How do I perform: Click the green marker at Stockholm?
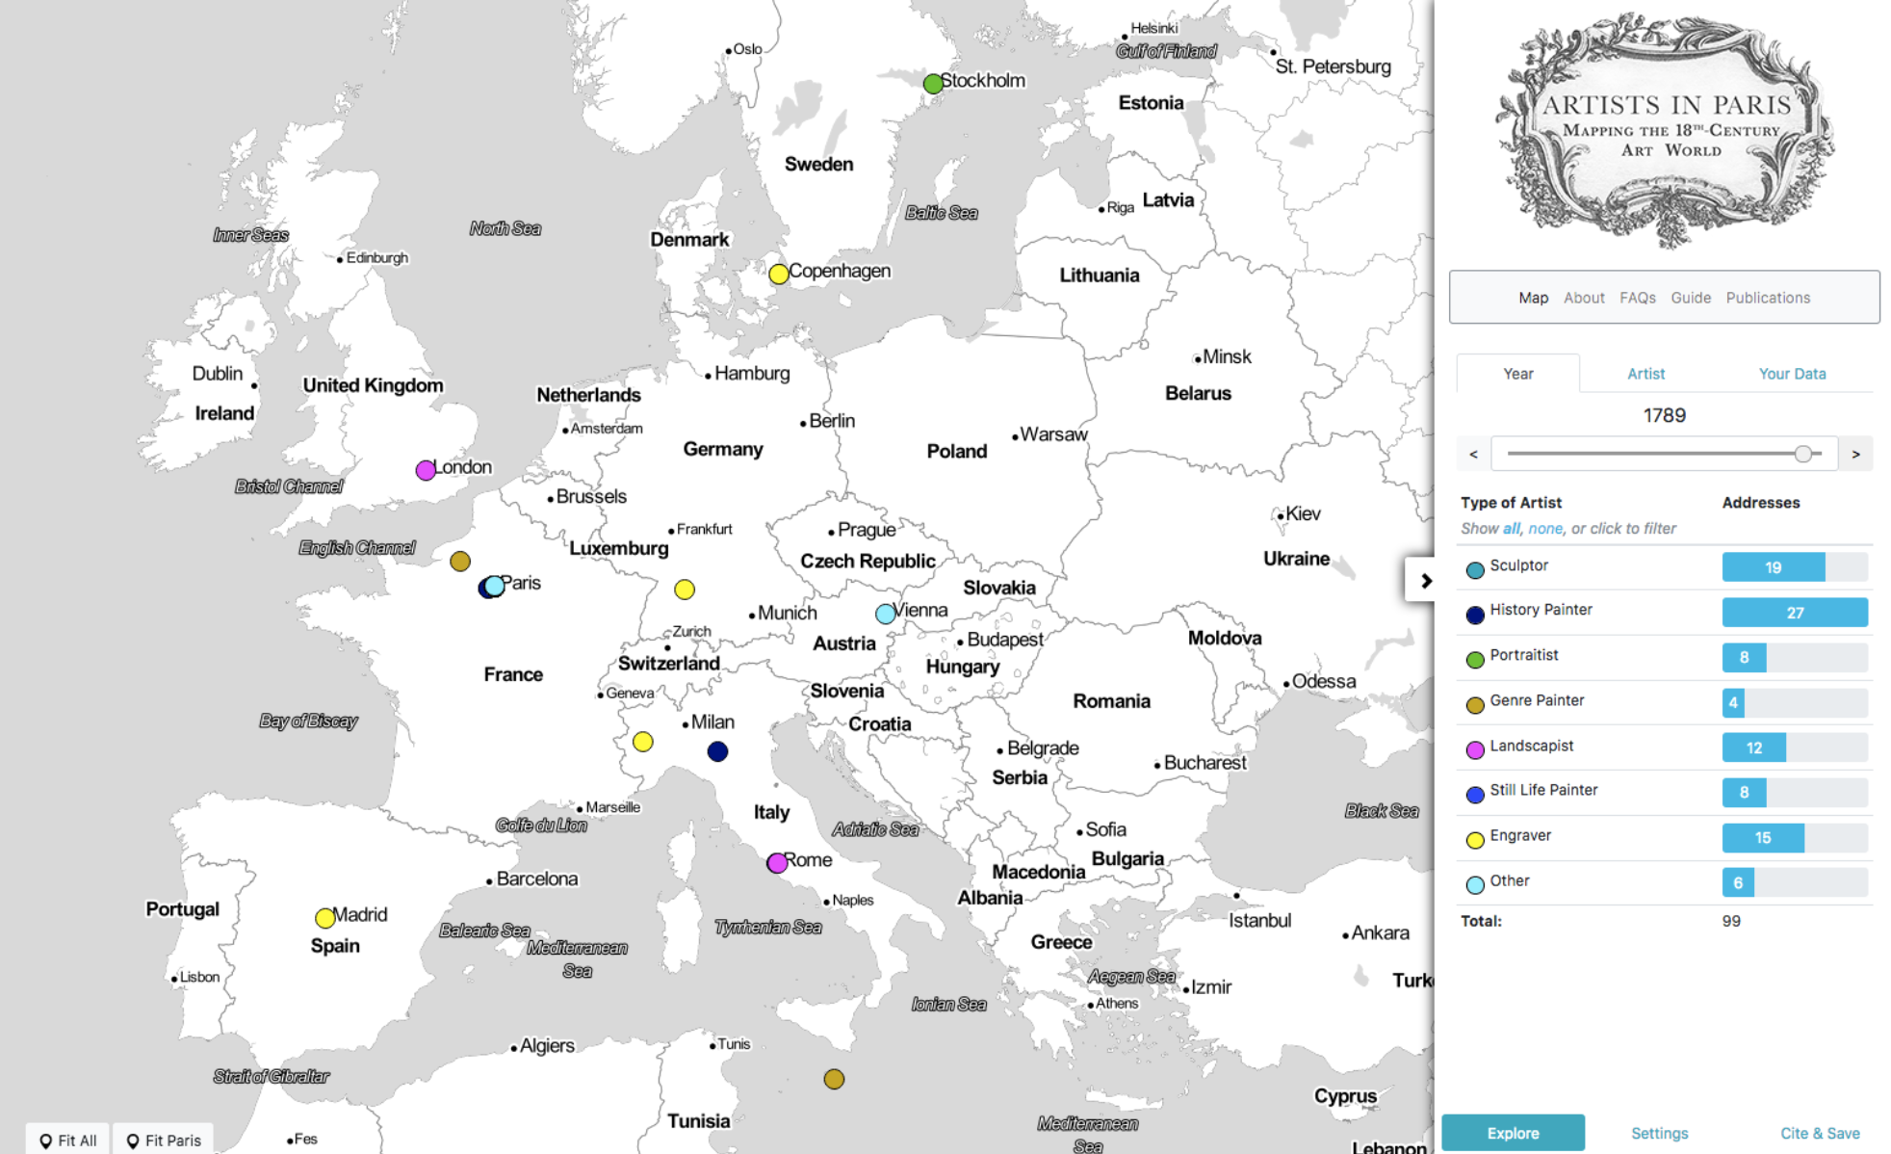(x=932, y=84)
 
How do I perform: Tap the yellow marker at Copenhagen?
(x=779, y=274)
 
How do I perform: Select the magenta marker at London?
(x=426, y=470)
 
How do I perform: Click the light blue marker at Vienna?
(x=886, y=614)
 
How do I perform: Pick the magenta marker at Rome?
(x=777, y=863)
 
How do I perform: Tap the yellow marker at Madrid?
(x=325, y=918)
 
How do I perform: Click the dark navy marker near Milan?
(x=717, y=751)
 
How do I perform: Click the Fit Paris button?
(x=164, y=1140)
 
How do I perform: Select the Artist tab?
(x=1645, y=374)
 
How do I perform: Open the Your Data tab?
(x=1791, y=374)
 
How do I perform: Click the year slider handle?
(x=1802, y=454)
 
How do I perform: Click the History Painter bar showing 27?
(x=1794, y=613)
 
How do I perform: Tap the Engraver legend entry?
(x=1519, y=836)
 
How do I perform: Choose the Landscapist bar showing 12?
(x=1753, y=747)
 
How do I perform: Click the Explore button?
(x=1512, y=1133)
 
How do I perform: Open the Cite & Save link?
(x=1819, y=1133)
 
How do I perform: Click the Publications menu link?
(x=1767, y=298)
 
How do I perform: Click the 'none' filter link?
(x=1544, y=529)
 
